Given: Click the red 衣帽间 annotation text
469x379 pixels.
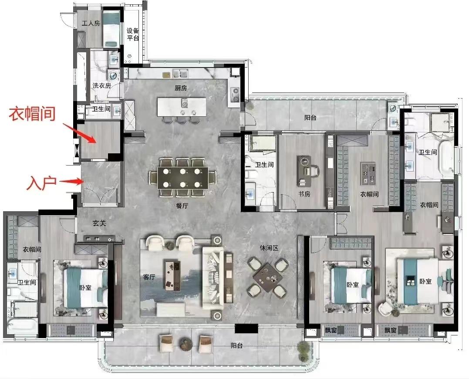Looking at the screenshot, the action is click(x=32, y=114).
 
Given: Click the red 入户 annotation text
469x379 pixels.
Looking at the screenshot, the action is click(x=41, y=183).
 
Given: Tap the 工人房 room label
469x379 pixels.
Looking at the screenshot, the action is click(x=91, y=23).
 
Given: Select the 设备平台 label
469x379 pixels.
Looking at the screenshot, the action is click(x=133, y=34).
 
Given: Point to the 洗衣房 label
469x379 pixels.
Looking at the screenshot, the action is click(x=102, y=85).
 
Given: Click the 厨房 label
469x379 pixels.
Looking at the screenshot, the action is click(x=181, y=88).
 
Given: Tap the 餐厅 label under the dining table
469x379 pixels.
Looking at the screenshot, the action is click(x=182, y=206).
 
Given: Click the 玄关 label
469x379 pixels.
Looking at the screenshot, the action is click(x=99, y=223).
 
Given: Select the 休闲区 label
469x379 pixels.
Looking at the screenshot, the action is click(x=269, y=248).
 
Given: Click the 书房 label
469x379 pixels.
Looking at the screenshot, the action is click(x=304, y=194).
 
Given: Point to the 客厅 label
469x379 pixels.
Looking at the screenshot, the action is click(x=149, y=277).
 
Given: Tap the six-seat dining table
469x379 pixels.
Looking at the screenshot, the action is click(x=183, y=178).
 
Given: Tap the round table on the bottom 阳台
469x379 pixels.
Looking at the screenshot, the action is click(x=186, y=344).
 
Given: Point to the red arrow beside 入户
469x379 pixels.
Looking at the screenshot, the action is click(x=71, y=181).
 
